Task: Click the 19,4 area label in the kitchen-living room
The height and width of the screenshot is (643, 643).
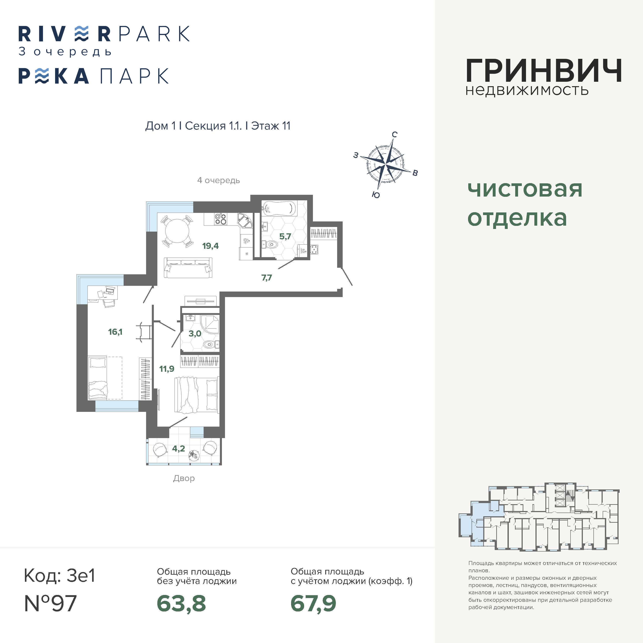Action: [x=210, y=246]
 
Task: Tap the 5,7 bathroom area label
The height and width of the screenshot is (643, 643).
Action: [x=285, y=237]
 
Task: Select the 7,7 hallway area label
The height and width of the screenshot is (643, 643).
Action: [x=267, y=278]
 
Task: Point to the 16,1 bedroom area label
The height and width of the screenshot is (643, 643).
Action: [x=115, y=332]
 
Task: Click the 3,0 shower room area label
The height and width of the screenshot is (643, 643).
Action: [x=195, y=333]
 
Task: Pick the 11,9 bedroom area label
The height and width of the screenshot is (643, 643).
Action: [x=167, y=369]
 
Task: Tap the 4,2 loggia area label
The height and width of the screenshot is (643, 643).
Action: [x=178, y=449]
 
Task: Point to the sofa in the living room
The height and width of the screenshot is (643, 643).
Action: [x=188, y=268]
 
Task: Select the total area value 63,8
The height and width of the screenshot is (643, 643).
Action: [x=181, y=603]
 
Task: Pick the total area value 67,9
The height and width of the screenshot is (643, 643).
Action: [x=314, y=603]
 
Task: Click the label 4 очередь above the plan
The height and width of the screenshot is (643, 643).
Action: [x=218, y=180]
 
